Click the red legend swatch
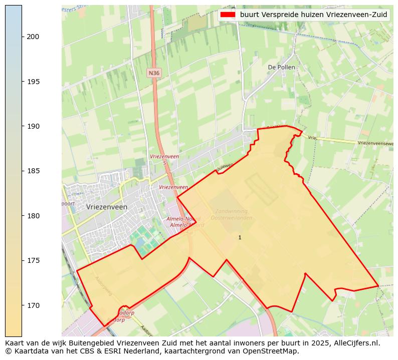point(228,15)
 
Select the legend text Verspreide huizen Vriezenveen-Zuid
point(313,15)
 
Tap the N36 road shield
point(154,73)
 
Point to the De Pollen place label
point(281,67)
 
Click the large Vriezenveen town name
point(106,206)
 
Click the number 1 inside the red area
point(240,237)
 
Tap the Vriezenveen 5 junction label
point(164,159)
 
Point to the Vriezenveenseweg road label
point(375,143)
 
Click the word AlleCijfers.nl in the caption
point(355,343)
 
